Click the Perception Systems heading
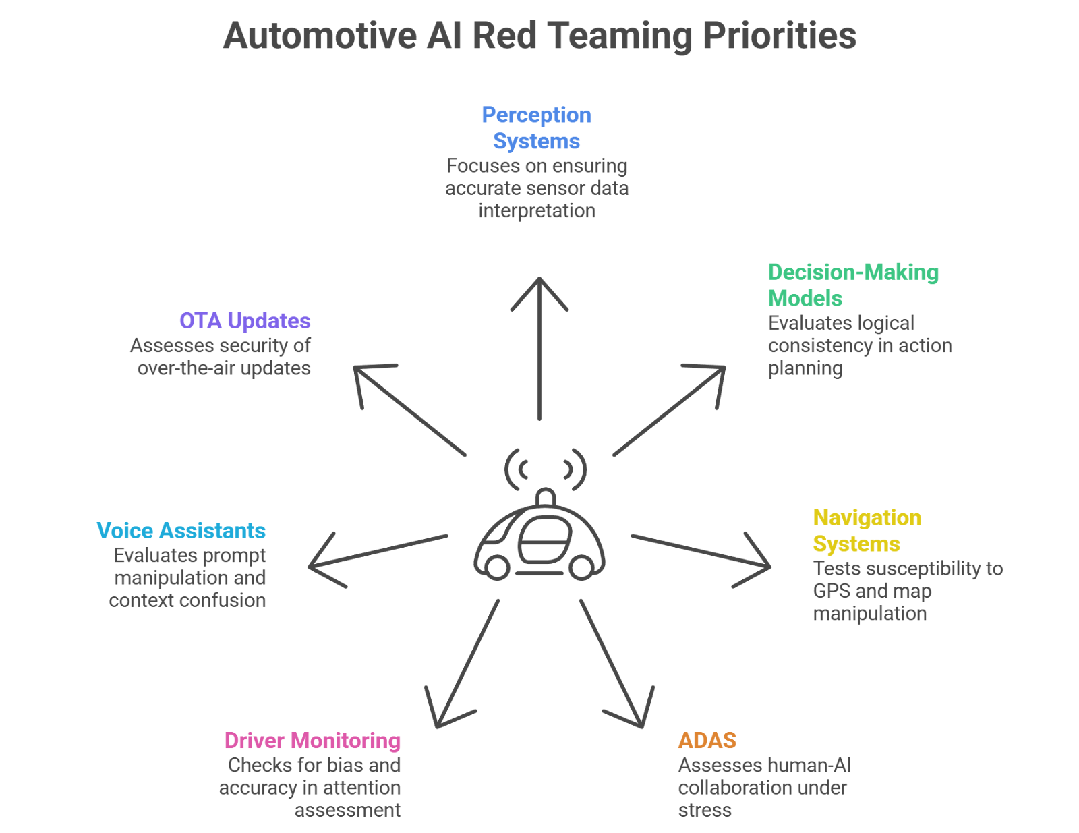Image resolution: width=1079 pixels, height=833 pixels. click(536, 127)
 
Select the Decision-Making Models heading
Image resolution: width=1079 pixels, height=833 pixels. click(852, 285)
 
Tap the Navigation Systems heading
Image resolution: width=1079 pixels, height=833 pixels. click(866, 530)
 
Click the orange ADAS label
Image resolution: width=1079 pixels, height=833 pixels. click(707, 741)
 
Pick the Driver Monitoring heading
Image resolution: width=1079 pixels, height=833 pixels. click(312, 741)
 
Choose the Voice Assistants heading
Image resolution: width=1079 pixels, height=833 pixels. click(181, 531)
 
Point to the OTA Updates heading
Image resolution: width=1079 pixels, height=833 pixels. click(245, 320)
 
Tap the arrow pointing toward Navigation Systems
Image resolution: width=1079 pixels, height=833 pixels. click(701, 551)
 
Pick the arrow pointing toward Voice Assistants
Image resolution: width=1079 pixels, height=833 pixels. click(378, 551)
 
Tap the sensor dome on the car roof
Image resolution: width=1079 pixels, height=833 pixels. click(546, 498)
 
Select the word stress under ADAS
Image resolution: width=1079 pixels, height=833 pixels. click(705, 810)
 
